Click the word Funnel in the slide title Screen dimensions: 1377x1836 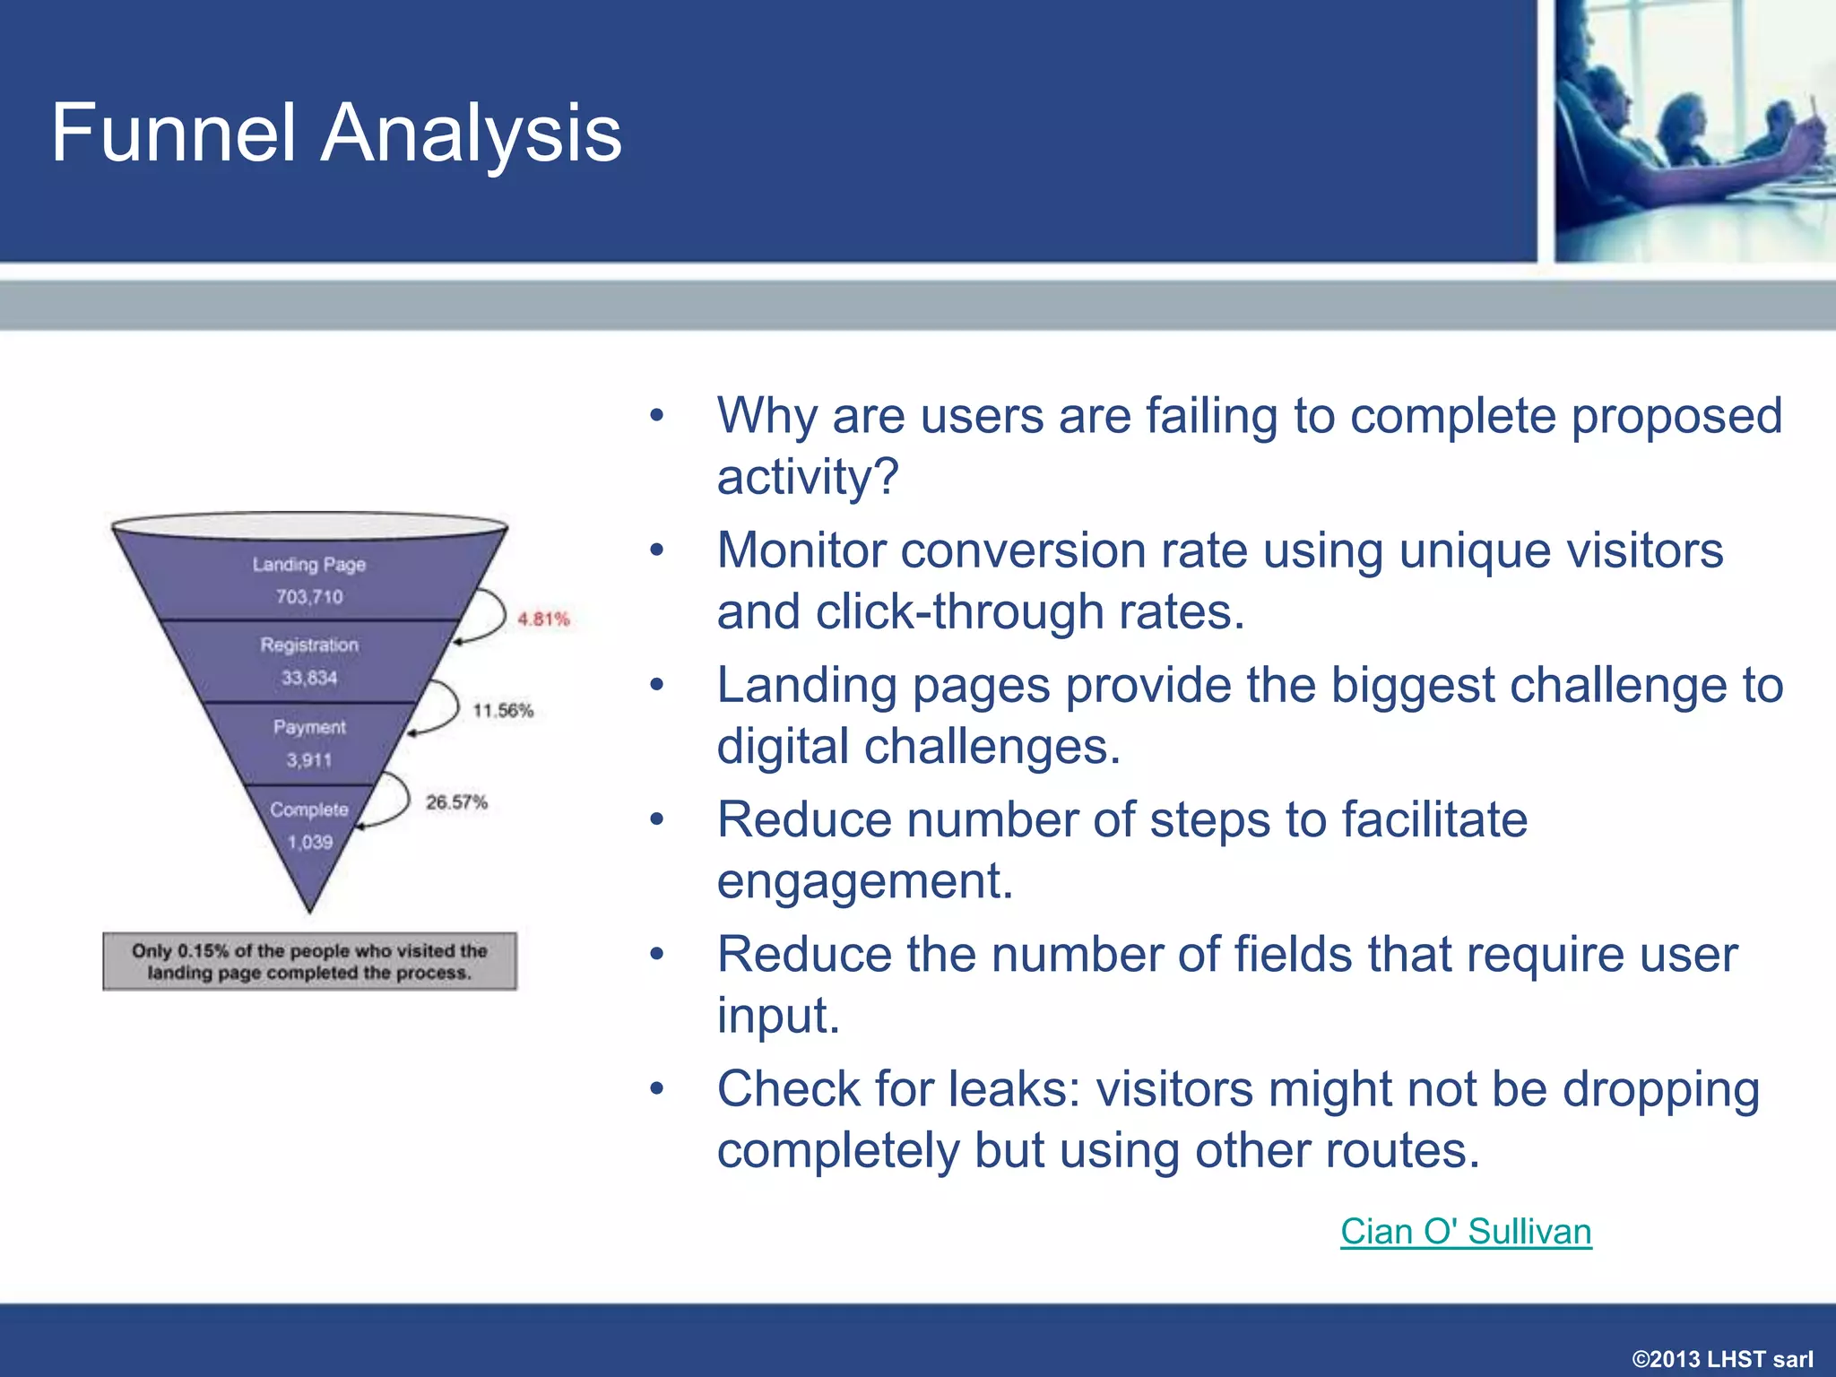tap(173, 133)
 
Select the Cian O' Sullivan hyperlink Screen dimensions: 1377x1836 tap(1466, 1232)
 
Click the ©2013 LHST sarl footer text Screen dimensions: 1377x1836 tap(1722, 1359)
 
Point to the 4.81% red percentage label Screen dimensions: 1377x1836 tap(543, 619)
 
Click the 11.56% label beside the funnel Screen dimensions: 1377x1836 tap(503, 711)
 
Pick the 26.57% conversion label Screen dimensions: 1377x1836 tap(456, 802)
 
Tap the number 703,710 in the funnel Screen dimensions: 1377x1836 tap(309, 597)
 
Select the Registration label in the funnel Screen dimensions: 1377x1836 tap(309, 645)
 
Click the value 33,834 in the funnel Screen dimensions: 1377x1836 tap(309, 678)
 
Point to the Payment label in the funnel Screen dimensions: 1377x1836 tap(309, 727)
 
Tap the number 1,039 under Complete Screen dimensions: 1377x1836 tap(310, 843)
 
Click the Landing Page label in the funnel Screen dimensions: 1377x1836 tap(309, 565)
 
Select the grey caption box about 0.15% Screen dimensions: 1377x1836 tap(309, 962)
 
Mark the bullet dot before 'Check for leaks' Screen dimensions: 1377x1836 tap(657, 1088)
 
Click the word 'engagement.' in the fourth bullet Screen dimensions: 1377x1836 tap(865, 881)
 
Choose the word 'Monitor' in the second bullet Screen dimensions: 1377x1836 tap(801, 550)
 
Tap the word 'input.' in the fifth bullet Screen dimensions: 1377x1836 tap(778, 1017)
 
